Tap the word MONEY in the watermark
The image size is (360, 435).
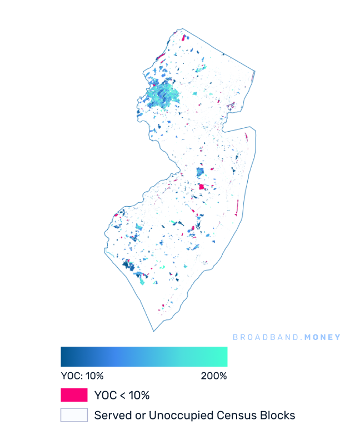coord(322,337)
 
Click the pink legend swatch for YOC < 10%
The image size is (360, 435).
coord(74,395)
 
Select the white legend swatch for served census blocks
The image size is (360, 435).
coord(74,415)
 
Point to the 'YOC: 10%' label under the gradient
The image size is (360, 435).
coord(82,376)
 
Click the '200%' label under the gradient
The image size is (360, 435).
coord(214,376)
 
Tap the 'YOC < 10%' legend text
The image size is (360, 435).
coord(122,396)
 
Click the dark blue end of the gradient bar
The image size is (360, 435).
coord(64,357)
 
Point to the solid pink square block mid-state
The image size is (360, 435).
coord(201,187)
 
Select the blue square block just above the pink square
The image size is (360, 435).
coord(200,173)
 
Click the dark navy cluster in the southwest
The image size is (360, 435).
coord(129,266)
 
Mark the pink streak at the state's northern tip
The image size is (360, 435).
coord(183,37)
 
